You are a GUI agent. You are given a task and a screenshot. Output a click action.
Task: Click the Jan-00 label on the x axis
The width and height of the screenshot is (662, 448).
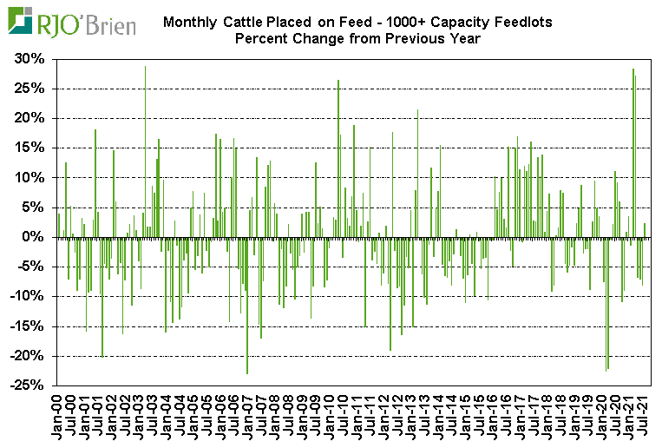click(x=56, y=418)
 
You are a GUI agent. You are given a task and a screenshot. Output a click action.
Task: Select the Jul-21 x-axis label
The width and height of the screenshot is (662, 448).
click(x=642, y=418)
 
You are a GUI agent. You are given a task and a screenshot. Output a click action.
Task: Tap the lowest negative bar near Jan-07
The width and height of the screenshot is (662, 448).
click(x=247, y=305)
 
